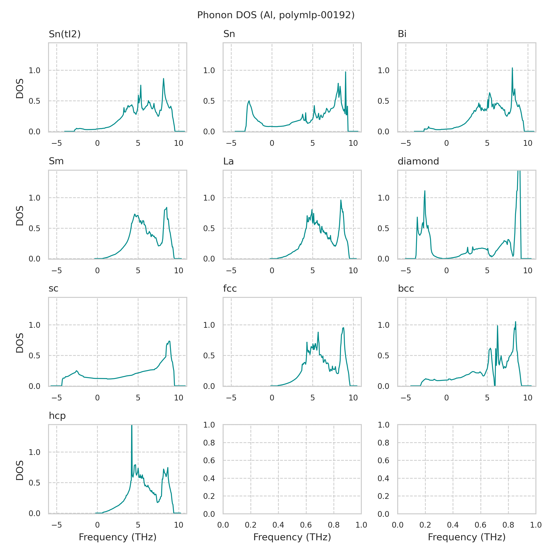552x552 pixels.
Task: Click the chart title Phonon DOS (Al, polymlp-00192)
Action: click(276, 15)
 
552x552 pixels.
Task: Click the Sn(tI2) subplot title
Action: click(65, 34)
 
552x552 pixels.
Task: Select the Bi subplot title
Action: click(402, 34)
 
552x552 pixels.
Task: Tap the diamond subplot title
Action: click(418, 161)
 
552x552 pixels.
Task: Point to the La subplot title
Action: click(228, 161)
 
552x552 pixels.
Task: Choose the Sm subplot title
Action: click(56, 161)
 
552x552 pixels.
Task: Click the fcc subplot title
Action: click(230, 289)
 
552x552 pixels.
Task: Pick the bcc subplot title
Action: click(406, 289)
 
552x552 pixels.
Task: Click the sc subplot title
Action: click(53, 289)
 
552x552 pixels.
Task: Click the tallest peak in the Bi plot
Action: click(512, 68)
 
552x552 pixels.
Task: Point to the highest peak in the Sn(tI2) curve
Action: click(164, 79)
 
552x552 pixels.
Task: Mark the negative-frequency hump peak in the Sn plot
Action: click(249, 101)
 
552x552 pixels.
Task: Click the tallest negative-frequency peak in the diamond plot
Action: click(425, 191)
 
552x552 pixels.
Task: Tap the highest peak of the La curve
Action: click(341, 200)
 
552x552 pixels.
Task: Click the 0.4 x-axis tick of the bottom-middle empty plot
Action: click(278, 525)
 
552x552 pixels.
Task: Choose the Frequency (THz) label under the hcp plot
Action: click(118, 537)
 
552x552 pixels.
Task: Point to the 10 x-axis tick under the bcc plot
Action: click(528, 398)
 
